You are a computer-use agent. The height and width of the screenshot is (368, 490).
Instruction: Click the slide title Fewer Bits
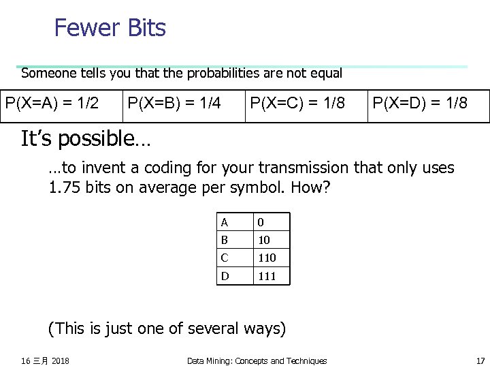(x=110, y=28)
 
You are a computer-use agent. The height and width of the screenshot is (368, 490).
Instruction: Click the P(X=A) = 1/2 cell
(x=52, y=104)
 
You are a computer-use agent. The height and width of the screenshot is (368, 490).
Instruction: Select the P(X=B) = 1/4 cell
(x=174, y=104)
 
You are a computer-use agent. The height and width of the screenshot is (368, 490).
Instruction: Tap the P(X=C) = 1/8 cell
(x=297, y=104)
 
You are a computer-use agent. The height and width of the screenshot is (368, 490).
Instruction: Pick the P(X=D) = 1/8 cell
(x=420, y=104)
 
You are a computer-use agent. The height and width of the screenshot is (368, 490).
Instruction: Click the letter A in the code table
(x=225, y=222)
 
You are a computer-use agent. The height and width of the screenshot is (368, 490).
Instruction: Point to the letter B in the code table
(x=225, y=240)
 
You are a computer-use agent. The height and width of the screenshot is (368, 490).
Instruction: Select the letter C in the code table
(x=225, y=258)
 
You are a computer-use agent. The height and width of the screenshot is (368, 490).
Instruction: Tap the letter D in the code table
(x=225, y=276)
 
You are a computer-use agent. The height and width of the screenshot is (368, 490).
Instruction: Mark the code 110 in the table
(x=266, y=258)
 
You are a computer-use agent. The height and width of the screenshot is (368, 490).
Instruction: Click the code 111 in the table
(x=266, y=276)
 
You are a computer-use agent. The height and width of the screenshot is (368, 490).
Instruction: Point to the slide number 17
(x=480, y=361)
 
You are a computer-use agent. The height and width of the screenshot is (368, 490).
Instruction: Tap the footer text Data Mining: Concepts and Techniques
(x=257, y=361)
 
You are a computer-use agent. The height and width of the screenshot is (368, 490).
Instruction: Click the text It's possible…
(x=86, y=139)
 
